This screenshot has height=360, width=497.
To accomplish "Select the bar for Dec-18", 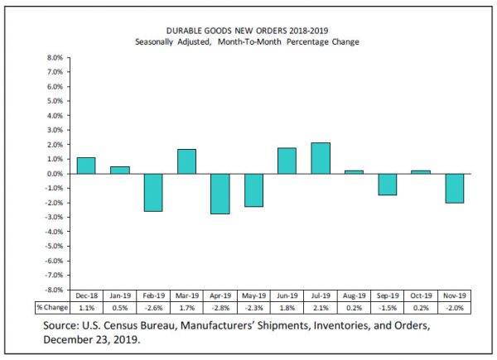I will tap(86, 166).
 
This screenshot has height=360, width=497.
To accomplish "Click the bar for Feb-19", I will tap(153, 193).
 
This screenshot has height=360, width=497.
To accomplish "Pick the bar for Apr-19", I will tap(220, 194).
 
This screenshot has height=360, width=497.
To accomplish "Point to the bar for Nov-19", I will tap(454, 188).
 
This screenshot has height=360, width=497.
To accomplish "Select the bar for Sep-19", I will tap(387, 185).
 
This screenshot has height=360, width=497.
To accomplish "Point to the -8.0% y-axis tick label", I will tap(51, 290).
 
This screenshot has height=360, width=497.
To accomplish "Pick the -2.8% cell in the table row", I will tap(220, 307).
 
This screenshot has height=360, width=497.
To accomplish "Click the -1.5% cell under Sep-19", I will tap(387, 307).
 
